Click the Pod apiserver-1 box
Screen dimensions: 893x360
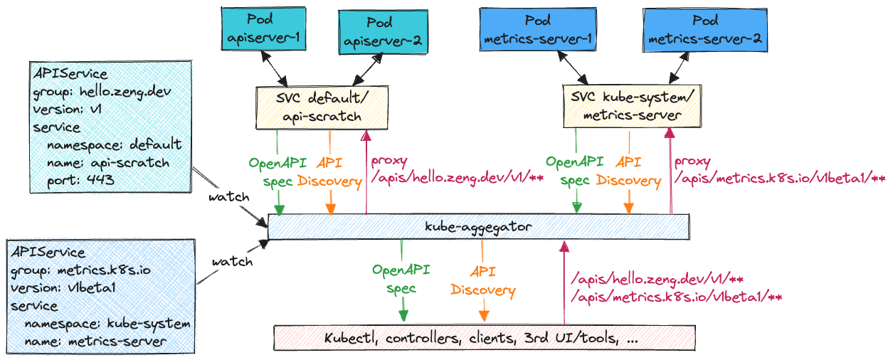(263, 28)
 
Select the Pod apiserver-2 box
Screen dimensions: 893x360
(383, 32)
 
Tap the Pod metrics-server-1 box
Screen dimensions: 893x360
(538, 29)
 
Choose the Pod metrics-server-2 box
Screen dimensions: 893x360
(705, 31)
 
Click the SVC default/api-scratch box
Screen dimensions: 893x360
(322, 107)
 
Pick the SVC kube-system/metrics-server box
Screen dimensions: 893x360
(632, 106)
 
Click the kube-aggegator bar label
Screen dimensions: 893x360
(478, 227)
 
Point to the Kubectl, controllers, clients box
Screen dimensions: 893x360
(485, 338)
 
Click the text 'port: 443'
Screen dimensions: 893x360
(80, 180)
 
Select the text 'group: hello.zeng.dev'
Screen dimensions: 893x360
(102, 92)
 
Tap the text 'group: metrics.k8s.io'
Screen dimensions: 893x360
(80, 270)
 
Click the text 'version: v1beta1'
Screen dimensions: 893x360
(63, 288)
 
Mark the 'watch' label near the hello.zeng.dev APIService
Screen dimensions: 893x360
(229, 197)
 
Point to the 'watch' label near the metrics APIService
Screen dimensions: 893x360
(233, 262)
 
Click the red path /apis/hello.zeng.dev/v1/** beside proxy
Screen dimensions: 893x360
(458, 177)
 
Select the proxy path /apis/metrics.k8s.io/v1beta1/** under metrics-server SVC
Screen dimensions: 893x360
(780, 178)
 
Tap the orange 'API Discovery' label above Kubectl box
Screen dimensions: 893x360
(483, 281)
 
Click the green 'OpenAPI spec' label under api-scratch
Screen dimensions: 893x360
(278, 172)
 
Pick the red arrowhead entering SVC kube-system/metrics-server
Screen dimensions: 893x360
(670, 133)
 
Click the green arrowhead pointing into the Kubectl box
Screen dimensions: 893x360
(403, 315)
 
